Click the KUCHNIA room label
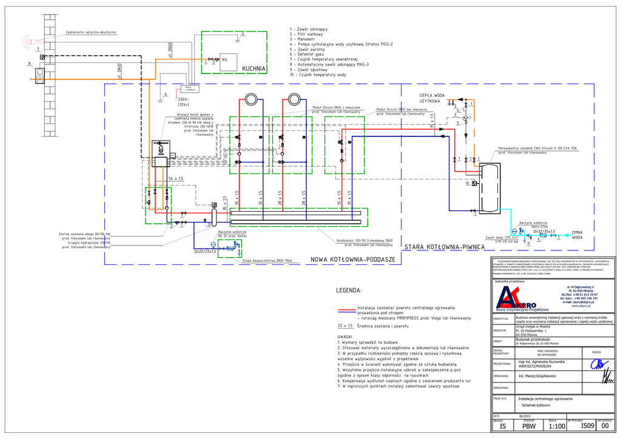253,69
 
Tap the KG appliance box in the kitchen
227,59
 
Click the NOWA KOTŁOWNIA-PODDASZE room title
352,259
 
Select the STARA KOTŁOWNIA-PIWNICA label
443,247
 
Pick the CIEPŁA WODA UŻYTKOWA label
432,98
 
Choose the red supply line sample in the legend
347,309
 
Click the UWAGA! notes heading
344,337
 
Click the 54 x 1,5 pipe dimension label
175,178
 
